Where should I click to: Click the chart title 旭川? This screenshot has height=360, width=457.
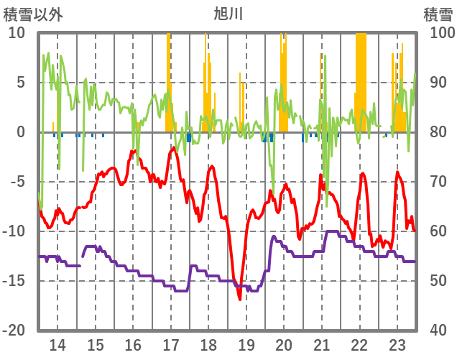click(x=228, y=13)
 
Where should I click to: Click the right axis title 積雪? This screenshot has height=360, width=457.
click(x=437, y=13)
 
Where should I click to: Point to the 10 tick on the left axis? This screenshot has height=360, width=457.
click(x=18, y=33)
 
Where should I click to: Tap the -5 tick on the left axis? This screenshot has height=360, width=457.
click(x=18, y=182)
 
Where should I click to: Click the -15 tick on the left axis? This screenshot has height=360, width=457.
click(x=15, y=281)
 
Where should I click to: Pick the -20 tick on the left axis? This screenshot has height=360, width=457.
click(x=15, y=331)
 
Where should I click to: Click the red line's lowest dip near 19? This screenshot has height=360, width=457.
click(x=239, y=297)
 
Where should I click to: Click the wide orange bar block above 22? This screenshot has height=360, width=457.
click(x=361, y=79)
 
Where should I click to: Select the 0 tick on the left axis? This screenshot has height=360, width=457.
click(x=21, y=132)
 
